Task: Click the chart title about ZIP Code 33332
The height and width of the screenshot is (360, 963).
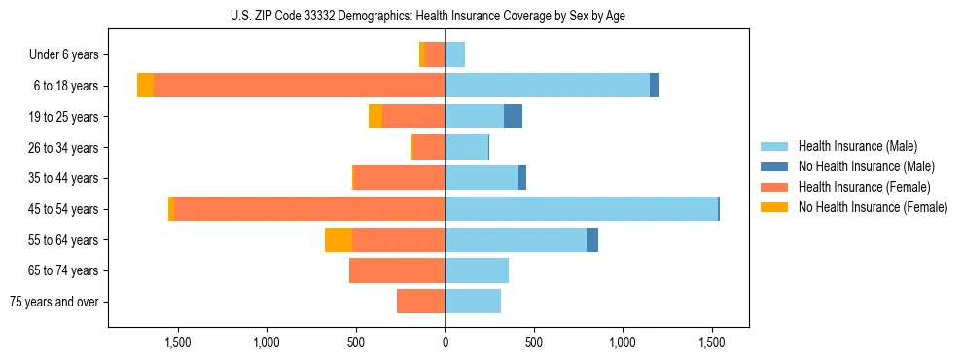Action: [429, 15]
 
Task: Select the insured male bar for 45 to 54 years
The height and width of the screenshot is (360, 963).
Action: [581, 209]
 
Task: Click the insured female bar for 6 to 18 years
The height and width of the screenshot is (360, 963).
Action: [299, 86]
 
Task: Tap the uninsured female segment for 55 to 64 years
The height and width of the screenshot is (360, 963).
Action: [339, 240]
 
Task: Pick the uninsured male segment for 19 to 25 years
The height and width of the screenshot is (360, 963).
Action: [513, 117]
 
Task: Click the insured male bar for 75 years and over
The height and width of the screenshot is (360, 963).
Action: [473, 302]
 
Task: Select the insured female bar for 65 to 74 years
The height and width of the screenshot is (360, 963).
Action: [397, 270]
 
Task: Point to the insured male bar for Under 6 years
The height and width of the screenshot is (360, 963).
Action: [454, 54]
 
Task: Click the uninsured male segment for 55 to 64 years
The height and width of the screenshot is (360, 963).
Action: [592, 240]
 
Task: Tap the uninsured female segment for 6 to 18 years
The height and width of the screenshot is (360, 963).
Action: [145, 86]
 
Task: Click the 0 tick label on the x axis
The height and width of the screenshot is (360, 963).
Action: [445, 342]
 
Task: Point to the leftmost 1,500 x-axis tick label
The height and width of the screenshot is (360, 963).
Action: [178, 342]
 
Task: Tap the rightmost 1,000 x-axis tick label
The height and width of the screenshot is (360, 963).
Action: [623, 342]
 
